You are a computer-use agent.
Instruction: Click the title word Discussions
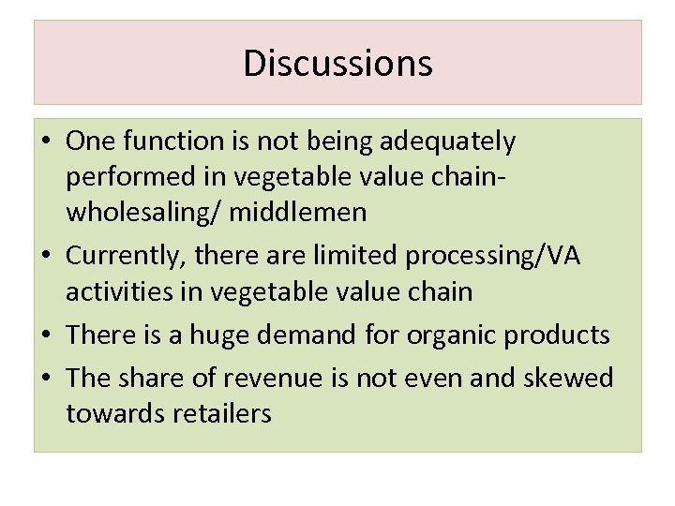(337, 64)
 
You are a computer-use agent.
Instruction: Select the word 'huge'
(254, 335)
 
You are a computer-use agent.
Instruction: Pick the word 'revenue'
(286, 378)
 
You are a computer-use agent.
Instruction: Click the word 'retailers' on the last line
(217, 413)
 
